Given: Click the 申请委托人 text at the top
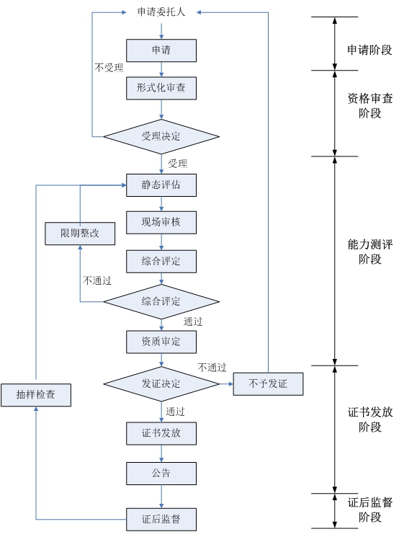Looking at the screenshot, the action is coord(161,12).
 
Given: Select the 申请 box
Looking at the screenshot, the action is coord(161,50).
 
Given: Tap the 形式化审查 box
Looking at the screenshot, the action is coord(161,88).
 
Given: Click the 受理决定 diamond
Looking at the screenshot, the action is coord(161,137).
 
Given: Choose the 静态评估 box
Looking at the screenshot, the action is coord(161,185).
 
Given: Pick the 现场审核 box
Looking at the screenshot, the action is coord(161,223).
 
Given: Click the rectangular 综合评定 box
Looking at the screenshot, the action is coord(161,262).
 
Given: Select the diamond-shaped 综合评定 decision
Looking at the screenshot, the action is coord(161,302).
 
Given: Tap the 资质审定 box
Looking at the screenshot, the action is coord(161,342).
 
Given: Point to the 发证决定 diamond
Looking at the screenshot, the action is coord(161,384).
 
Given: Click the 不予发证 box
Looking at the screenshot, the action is coord(269,384).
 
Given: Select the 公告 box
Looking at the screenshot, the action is coord(161,474).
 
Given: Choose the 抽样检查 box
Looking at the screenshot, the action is coord(36,395).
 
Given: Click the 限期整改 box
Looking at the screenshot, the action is coord(80,234).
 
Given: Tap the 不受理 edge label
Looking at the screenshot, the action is coord(109,68).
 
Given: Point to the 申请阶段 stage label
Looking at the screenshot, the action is coord(369,50).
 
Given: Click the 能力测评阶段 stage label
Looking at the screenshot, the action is coord(370,252).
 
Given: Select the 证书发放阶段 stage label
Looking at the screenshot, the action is coord(370,420).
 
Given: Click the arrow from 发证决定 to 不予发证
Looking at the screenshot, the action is coord(226,384).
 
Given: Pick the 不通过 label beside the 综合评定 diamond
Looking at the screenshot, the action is coord(97,281).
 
